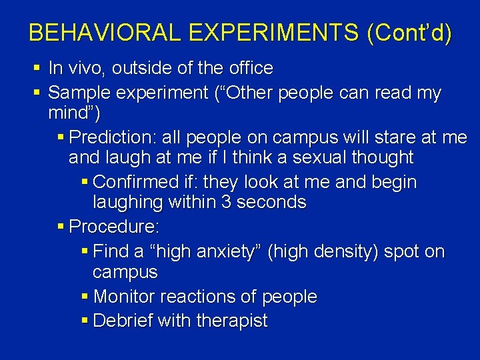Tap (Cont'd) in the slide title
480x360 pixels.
click(408, 33)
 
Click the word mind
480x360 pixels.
click(71, 113)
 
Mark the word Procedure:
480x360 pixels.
click(114, 227)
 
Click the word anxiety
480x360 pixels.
click(220, 251)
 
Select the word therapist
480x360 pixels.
click(232, 321)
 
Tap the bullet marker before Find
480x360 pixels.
click(84, 251)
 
